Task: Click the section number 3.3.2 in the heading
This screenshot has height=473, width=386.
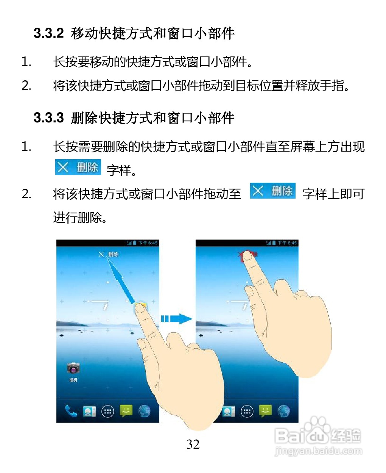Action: (x=48, y=33)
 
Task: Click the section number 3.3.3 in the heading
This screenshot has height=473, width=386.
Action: (x=48, y=118)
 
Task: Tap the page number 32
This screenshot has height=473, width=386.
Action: (x=193, y=444)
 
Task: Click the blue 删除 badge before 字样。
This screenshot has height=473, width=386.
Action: (x=78, y=167)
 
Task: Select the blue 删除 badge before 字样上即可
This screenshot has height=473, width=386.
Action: (x=272, y=191)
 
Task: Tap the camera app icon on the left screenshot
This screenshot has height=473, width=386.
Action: (x=73, y=368)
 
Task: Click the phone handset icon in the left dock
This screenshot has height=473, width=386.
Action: (x=71, y=411)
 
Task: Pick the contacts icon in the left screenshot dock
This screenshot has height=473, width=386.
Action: (x=89, y=411)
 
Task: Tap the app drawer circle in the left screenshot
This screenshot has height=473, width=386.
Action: (x=108, y=411)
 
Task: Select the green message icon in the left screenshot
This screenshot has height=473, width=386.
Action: (x=126, y=410)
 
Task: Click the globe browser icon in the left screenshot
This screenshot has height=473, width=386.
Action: (x=145, y=411)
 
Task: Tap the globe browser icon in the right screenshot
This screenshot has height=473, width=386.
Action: (x=284, y=411)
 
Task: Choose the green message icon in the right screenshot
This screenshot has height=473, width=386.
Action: (x=266, y=410)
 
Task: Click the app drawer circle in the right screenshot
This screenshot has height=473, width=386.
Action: (x=247, y=411)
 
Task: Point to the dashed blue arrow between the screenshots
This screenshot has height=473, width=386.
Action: (x=176, y=319)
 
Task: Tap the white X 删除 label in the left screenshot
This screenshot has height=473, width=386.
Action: (x=108, y=254)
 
